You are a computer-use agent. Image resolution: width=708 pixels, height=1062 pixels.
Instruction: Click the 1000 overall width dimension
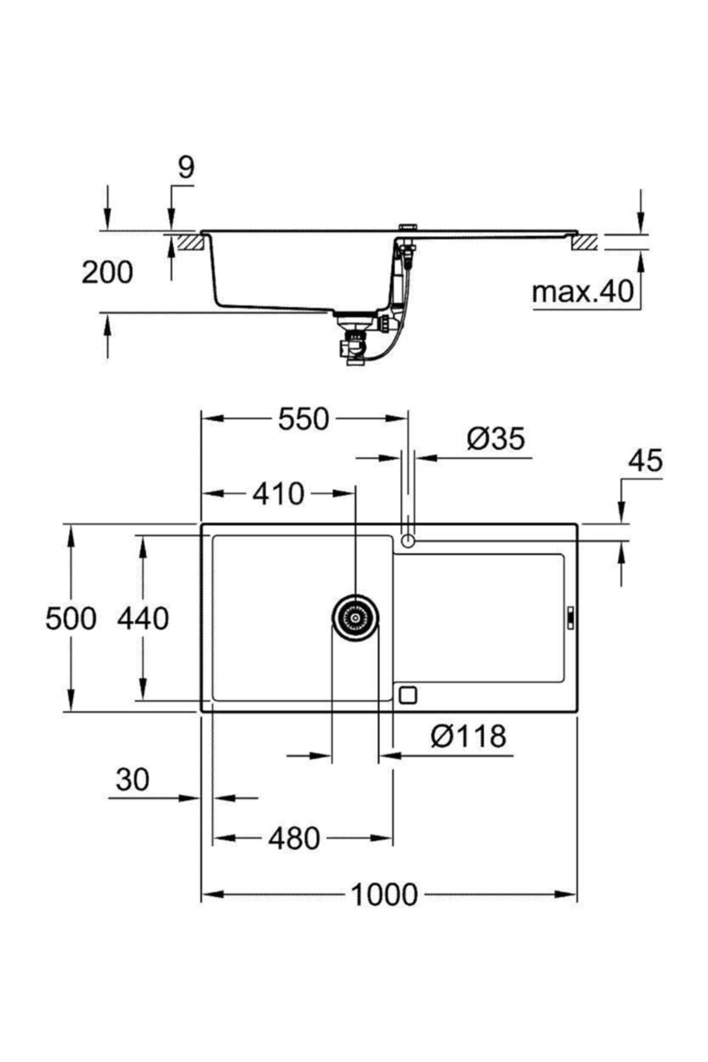click(x=384, y=894)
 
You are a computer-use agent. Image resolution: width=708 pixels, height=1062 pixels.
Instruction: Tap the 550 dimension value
click(x=303, y=419)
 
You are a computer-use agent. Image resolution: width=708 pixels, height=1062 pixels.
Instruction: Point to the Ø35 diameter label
click(x=496, y=440)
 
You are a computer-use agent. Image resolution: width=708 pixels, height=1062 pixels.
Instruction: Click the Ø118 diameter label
click(x=469, y=736)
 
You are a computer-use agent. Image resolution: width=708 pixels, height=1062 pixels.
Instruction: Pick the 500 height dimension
click(x=70, y=619)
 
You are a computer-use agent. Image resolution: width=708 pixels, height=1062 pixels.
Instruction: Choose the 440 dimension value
click(x=143, y=619)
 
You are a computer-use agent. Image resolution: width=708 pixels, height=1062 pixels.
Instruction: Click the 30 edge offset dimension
click(x=132, y=780)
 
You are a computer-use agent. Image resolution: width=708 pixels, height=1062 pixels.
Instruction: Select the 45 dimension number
click(x=645, y=461)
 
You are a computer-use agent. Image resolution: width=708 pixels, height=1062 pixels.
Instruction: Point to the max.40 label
click(x=582, y=291)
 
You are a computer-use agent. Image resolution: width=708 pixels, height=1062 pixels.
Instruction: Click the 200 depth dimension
click(x=107, y=273)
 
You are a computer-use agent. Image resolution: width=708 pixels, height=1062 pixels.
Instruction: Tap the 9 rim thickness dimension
click(x=185, y=168)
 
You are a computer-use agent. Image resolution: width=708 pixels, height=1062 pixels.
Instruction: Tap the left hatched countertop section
click(x=190, y=242)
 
